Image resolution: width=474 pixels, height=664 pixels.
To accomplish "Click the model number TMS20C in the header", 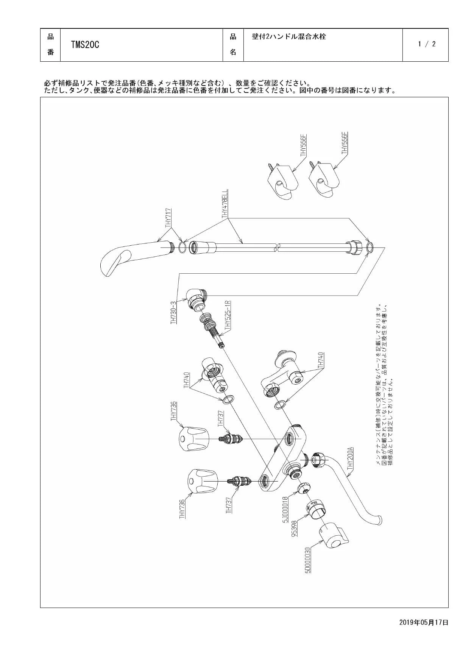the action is click(x=85, y=45).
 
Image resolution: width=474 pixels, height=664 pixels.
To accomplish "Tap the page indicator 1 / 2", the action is click(x=427, y=44).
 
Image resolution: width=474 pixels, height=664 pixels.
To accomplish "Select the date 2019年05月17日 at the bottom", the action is click(x=424, y=622).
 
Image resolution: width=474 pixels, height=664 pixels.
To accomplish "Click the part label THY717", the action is click(x=168, y=218).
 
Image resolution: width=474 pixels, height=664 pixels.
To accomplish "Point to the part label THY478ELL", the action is click(x=225, y=204).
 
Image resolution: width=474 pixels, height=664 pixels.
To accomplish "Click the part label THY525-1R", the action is click(x=228, y=318).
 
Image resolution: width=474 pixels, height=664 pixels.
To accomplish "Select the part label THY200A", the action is click(x=350, y=459).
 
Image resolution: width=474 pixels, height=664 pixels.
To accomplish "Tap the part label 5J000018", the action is click(x=285, y=509).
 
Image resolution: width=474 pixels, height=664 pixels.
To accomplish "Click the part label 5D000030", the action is click(x=307, y=560).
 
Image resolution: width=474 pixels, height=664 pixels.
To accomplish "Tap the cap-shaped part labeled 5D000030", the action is click(x=331, y=535).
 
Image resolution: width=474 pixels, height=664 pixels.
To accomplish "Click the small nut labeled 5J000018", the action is click(x=304, y=488).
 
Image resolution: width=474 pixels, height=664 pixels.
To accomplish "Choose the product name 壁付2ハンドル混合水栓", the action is click(x=289, y=37).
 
